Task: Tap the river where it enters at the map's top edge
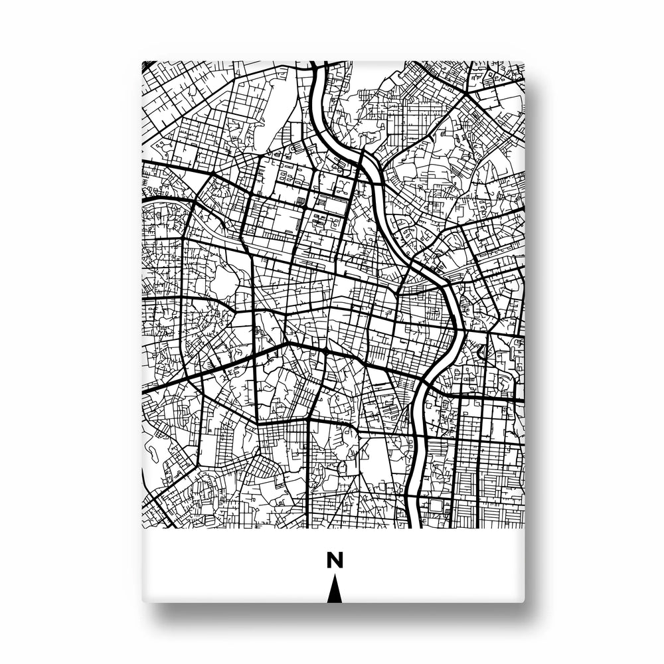tap(319, 64)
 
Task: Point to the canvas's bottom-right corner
tap(523, 602)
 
